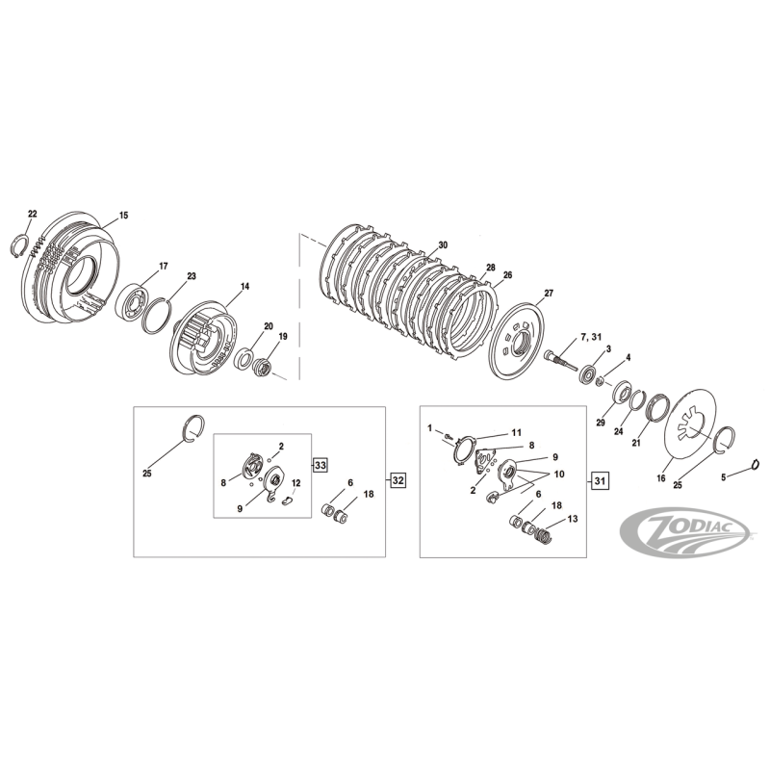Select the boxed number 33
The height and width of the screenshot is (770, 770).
click(321, 465)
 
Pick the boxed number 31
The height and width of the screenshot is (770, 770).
click(599, 478)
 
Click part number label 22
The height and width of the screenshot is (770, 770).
click(32, 213)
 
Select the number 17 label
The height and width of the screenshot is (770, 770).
click(163, 266)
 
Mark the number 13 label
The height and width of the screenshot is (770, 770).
click(573, 519)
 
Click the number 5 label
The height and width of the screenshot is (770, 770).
click(724, 476)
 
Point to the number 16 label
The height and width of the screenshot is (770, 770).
click(660, 476)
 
